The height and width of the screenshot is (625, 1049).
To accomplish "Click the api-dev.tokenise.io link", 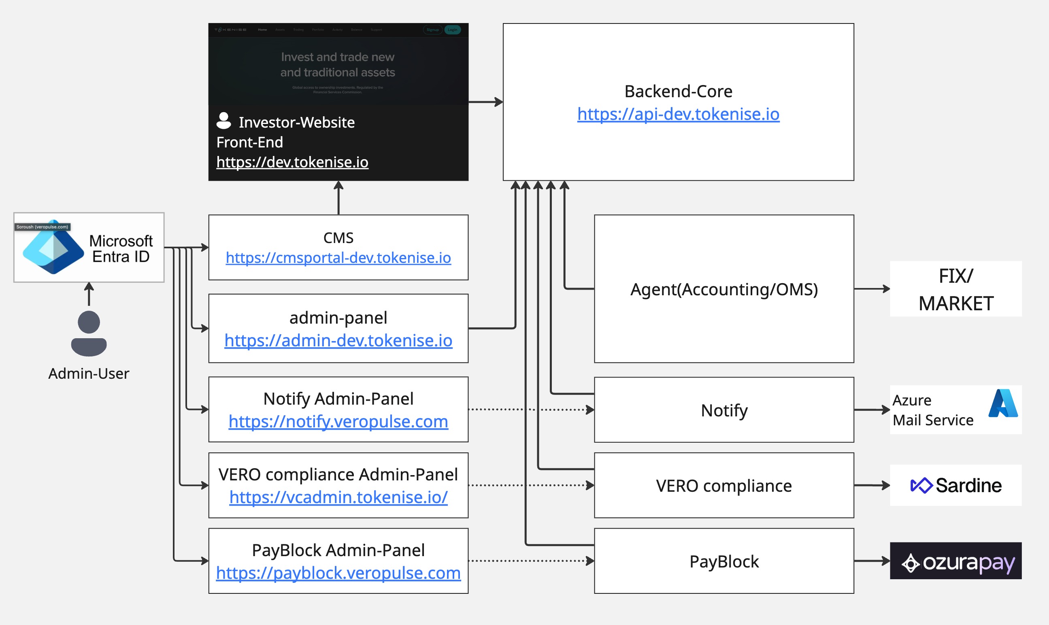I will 678,114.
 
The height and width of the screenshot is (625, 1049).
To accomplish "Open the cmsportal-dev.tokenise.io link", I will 338,258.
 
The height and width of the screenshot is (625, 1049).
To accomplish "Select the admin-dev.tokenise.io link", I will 338,340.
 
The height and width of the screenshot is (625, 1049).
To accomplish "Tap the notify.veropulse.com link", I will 338,421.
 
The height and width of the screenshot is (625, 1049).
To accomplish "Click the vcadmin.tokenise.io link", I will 338,497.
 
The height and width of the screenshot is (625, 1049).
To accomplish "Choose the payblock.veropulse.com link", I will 338,573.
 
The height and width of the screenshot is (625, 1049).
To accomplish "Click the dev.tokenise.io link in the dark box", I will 292,162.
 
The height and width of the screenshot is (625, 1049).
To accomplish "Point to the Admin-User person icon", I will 89,333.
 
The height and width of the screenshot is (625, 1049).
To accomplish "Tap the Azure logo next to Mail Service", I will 1003,403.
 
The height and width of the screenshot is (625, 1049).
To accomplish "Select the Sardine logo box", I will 955,485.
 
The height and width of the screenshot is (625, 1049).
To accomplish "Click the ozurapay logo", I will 955,561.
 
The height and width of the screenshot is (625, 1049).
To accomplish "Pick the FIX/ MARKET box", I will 955,289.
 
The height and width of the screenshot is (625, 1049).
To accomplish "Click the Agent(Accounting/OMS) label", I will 723,289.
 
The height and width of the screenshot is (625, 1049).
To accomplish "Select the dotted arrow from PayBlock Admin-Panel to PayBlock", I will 530,561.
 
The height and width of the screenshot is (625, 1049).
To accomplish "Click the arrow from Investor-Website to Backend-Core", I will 485,102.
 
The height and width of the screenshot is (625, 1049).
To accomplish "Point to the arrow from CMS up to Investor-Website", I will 338,198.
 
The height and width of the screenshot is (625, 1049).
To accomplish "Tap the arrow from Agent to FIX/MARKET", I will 871,289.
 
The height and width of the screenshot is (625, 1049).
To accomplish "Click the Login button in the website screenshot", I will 453,30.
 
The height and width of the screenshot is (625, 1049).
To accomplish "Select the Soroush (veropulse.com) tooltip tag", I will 42,227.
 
